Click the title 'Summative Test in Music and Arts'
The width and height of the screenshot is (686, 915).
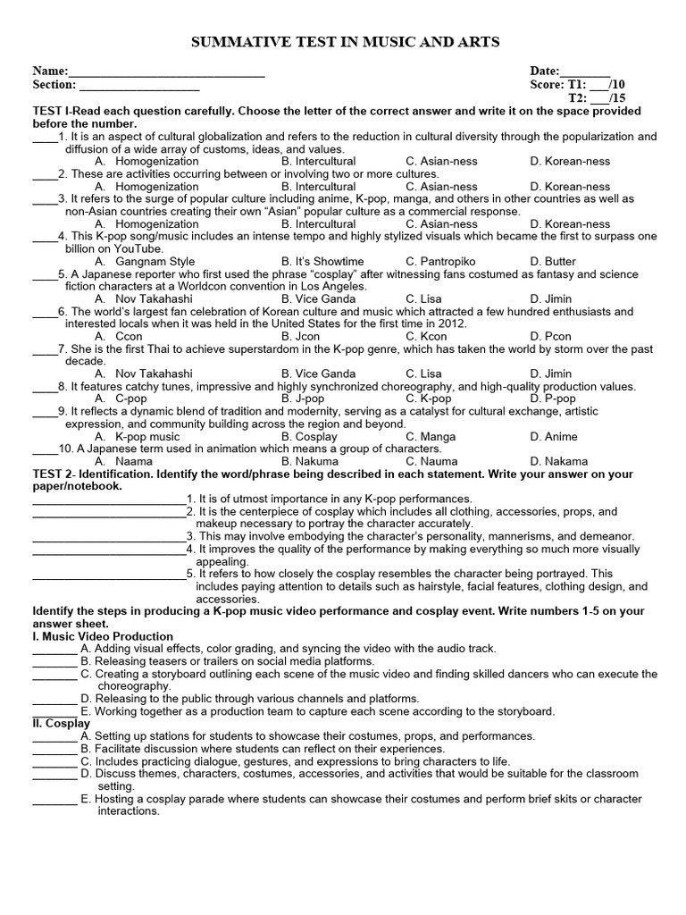(343, 42)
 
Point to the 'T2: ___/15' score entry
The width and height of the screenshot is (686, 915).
(597, 98)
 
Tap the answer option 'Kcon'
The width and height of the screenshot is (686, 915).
(431, 337)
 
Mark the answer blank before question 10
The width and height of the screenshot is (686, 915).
(44, 449)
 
